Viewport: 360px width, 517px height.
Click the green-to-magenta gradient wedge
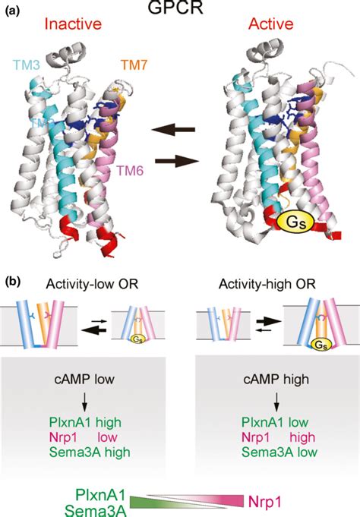tap(187, 500)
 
